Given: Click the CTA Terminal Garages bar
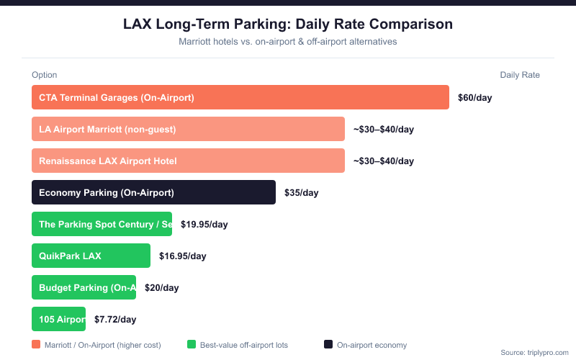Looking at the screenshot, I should coord(240,97).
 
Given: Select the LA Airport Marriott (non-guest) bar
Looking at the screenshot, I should coord(188,129).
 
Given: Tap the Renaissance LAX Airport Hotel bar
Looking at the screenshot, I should coord(188,161).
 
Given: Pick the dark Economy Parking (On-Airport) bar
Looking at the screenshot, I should coord(153,192).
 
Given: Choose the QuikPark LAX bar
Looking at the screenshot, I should coord(91,256).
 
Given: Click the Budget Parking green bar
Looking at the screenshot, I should coord(84,287).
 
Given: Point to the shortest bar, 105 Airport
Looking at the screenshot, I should coord(58,319).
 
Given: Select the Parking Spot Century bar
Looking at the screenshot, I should coord(102,224).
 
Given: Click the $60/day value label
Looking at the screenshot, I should coord(474,98).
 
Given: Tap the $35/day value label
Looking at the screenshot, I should coord(301,193).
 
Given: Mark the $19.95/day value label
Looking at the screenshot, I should coord(204,225).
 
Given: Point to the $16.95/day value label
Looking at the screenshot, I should coord(182,256).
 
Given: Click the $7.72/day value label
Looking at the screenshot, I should coord(115,320).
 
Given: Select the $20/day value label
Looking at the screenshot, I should coord(161,288).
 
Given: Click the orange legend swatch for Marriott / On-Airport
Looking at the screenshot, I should coord(36,345).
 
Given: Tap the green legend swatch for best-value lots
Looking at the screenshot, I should coord(191,345).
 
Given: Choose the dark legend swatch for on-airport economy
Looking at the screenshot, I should coord(328,345).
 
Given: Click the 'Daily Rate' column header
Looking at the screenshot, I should coord(519,75).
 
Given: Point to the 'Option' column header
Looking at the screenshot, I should coord(44,75).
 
